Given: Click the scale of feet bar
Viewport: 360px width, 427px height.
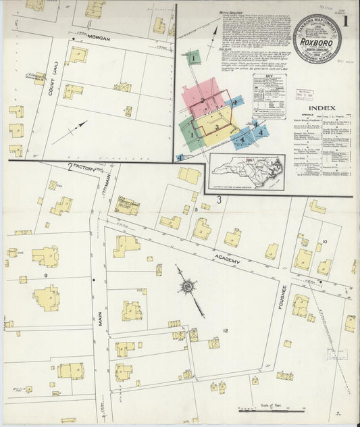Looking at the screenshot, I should pos(270,410).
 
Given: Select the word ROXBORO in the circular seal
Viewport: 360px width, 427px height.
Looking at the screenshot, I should pos(317,41).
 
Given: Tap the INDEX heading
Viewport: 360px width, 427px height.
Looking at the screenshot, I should pos(322,107).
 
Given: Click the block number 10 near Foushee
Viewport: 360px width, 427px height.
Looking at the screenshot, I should pos(324,241).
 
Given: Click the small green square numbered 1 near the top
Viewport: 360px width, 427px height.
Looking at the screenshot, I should pos(193,58).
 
